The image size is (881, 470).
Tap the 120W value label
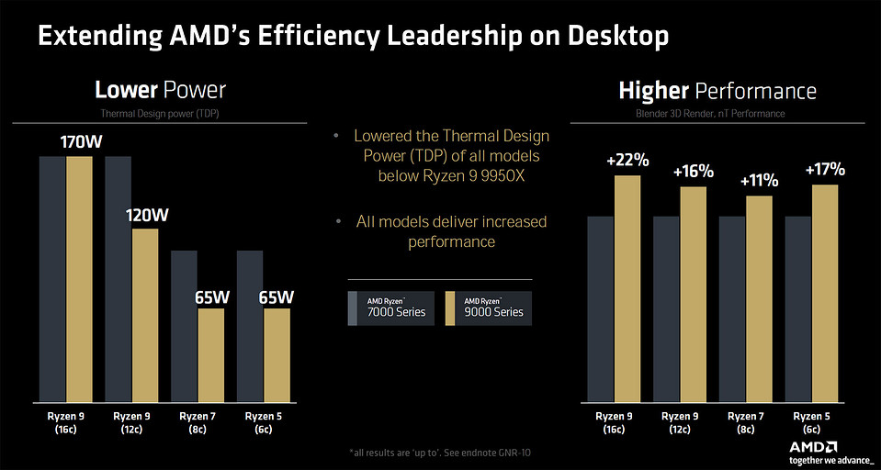145,216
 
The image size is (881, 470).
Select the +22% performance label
627,161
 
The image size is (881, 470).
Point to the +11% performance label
759,182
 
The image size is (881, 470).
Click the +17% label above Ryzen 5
824,170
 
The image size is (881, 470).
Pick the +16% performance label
694,172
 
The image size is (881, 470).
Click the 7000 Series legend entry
390,307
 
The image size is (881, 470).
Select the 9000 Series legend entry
487,307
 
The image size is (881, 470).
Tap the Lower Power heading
160,90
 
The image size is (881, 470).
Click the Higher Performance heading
717,91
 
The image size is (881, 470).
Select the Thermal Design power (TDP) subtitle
160,113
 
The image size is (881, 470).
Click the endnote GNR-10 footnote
439,453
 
